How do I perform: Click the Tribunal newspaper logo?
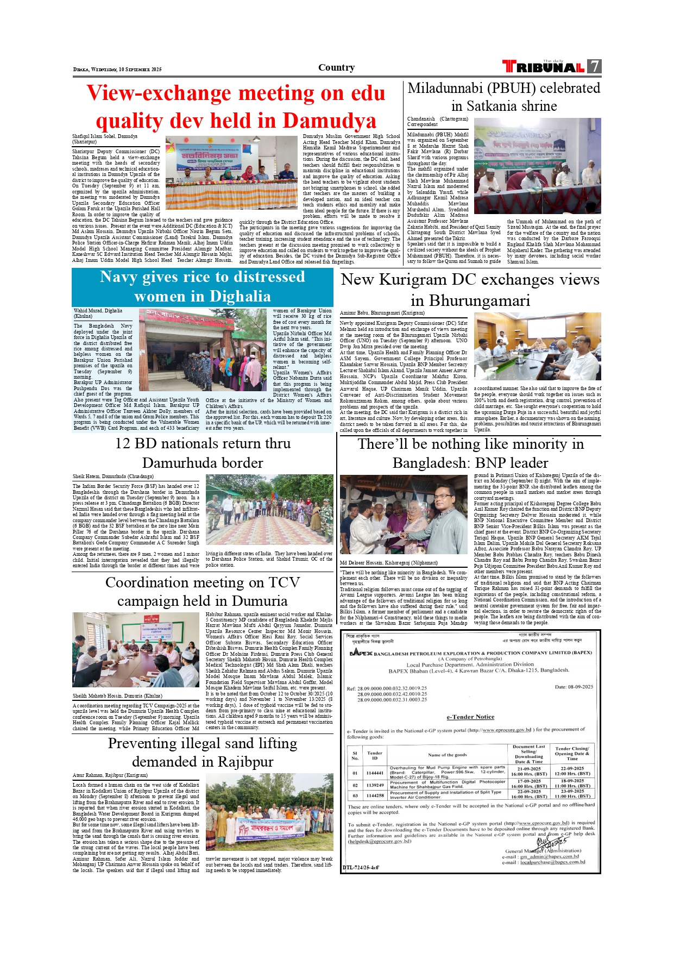click(x=543, y=67)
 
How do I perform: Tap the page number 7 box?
click(x=595, y=66)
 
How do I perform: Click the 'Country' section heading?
click(x=336, y=67)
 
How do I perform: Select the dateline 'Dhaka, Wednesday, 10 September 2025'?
click(x=117, y=70)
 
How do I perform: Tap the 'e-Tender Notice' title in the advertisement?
click(x=470, y=717)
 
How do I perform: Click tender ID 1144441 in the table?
click(x=375, y=773)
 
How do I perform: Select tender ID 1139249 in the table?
click(x=375, y=785)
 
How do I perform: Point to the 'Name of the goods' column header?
click(x=447, y=755)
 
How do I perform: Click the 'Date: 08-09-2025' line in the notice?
click(x=574, y=687)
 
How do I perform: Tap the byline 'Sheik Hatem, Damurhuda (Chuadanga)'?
click(x=113, y=476)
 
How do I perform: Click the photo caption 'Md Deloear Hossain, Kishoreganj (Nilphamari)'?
click(x=388, y=563)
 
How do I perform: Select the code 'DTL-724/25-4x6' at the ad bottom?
click(x=361, y=868)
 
